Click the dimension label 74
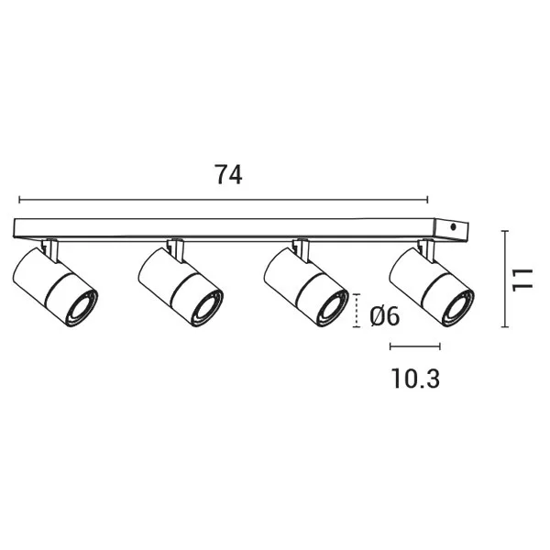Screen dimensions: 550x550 tap(228, 175)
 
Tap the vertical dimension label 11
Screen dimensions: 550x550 tap(522, 280)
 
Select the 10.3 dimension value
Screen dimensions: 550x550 tap(415, 379)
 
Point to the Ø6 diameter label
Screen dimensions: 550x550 tap(384, 316)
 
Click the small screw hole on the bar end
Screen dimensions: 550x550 tap(453, 227)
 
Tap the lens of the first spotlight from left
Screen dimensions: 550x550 tap(82, 308)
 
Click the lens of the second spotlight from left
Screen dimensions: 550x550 tap(207, 308)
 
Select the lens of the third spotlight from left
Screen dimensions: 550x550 tap(333, 308)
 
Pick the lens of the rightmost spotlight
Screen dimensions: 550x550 tap(457, 308)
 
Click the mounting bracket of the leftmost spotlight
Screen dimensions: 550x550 tap(50, 249)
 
